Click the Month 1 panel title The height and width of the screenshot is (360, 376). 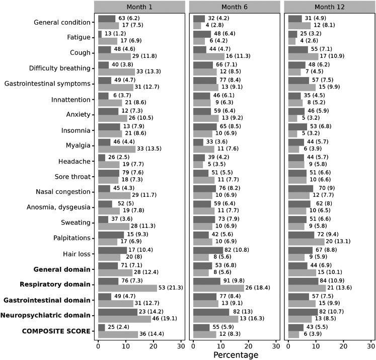tap(139, 7)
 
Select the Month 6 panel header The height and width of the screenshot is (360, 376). tap(235, 7)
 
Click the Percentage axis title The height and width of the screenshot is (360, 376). tap(236, 354)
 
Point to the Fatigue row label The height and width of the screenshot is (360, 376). tap(77, 38)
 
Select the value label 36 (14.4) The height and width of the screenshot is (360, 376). tap(153, 334)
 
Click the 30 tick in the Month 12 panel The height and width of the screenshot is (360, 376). tap(371, 346)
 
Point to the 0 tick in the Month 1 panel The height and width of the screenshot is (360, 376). tap(98, 346)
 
